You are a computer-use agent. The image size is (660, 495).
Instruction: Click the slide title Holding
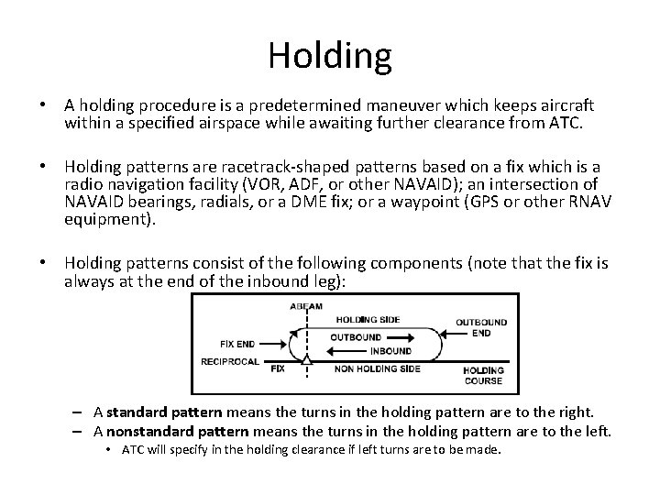[330, 56]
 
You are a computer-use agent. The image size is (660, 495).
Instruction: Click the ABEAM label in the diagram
[305, 305]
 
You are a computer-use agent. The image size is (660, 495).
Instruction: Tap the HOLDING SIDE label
[367, 320]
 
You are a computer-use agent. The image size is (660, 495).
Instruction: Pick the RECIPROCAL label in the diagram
[228, 362]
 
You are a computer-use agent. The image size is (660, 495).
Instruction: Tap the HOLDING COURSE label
[483, 376]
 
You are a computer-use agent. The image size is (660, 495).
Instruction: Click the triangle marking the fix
[305, 365]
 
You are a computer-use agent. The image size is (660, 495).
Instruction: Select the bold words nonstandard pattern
[171, 430]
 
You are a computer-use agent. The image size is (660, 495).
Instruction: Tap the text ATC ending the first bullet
[563, 121]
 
